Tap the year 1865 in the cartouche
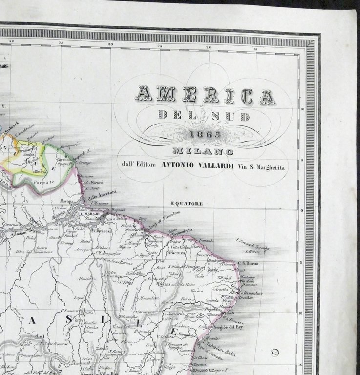[205, 133]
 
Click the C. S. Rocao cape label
[247, 264]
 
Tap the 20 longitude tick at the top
[209, 47]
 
